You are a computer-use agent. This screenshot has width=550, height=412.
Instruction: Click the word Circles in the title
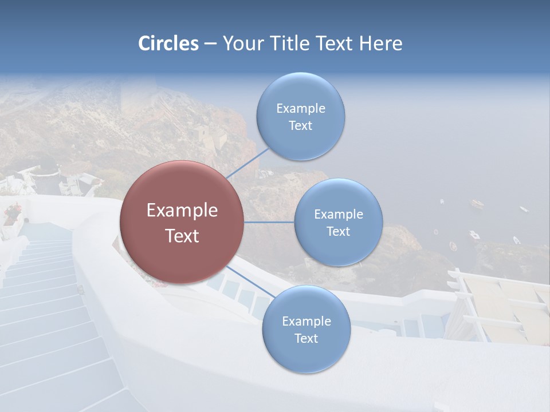(x=168, y=43)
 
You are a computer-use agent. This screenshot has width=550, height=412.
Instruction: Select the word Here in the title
(x=380, y=43)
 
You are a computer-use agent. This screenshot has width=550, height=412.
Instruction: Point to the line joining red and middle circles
(x=269, y=222)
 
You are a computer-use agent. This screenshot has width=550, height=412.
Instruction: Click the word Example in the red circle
(x=182, y=211)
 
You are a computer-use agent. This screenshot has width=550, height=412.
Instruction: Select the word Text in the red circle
(x=182, y=236)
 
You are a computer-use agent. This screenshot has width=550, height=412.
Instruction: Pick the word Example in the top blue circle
(x=301, y=109)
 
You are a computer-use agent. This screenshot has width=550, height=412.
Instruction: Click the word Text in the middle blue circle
(x=338, y=232)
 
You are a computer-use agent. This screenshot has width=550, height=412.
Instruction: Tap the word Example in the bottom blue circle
(x=307, y=322)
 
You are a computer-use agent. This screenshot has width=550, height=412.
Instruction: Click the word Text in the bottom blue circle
(x=306, y=339)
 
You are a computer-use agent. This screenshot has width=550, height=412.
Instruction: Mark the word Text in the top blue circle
(x=300, y=126)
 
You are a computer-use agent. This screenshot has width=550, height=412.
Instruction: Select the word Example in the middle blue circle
(x=339, y=215)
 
